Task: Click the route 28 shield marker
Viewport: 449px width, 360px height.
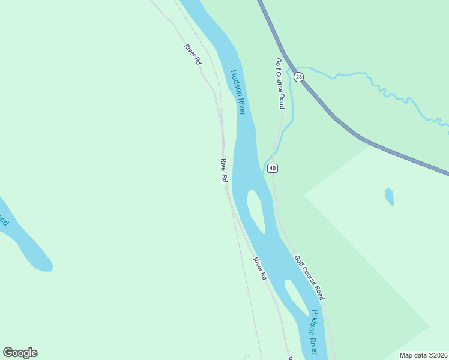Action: (x=299, y=77)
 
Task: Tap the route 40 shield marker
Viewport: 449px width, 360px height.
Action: (x=273, y=168)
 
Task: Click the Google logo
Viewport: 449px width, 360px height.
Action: (x=20, y=353)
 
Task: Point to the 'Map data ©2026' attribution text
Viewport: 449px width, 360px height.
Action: (x=423, y=355)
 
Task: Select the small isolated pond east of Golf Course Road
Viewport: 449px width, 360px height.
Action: (x=389, y=197)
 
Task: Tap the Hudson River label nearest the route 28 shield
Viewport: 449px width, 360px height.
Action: (x=238, y=92)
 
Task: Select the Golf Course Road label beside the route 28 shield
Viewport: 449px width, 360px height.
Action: (x=279, y=83)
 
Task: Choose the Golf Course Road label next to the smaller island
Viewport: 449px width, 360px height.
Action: (x=310, y=277)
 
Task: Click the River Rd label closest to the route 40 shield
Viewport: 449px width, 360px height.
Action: (x=224, y=171)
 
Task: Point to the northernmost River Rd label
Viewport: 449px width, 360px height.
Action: (x=193, y=55)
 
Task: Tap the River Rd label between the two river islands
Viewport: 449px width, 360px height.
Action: (x=259, y=269)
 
